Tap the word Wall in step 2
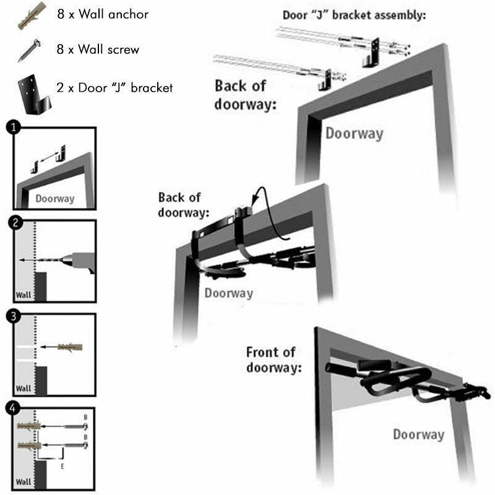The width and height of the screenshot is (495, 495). pyautogui.click(x=24, y=295)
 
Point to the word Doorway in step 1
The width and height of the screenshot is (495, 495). pyautogui.click(x=54, y=199)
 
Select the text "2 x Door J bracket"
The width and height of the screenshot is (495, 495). pyautogui.click(x=114, y=88)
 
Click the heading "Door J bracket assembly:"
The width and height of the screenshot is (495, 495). pyautogui.click(x=354, y=15)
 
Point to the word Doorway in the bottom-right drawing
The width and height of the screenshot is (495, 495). pyautogui.click(x=418, y=435)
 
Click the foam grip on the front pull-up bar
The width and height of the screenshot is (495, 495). pyautogui.click(x=374, y=365)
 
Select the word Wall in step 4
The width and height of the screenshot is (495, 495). pyautogui.click(x=24, y=481)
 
